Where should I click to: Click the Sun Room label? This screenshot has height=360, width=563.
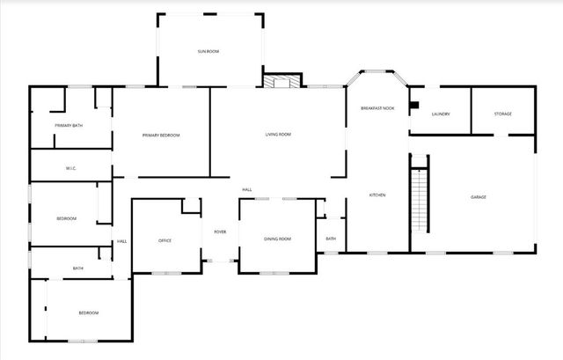(208, 52)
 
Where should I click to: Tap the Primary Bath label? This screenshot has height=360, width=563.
(68, 126)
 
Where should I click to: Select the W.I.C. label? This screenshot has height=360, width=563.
(72, 168)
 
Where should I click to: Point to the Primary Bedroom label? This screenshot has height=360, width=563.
(161, 135)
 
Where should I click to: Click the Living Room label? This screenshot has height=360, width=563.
(278, 135)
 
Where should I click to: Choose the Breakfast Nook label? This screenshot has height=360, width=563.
(377, 107)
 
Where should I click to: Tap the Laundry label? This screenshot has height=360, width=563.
(441, 114)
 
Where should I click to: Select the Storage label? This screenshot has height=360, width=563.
(502, 114)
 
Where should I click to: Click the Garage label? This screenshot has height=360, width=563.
(479, 196)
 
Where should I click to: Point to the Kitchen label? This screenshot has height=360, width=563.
(377, 195)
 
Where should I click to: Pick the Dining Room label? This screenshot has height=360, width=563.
(277, 239)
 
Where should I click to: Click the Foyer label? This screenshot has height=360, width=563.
(220, 231)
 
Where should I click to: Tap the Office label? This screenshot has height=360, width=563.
(165, 240)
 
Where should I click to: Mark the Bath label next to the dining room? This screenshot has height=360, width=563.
(331, 239)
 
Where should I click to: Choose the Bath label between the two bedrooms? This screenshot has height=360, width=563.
(78, 268)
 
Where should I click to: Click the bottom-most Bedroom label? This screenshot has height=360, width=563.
(88, 312)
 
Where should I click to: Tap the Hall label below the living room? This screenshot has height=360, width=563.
(248, 190)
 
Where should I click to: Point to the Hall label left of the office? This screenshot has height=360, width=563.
(121, 242)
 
